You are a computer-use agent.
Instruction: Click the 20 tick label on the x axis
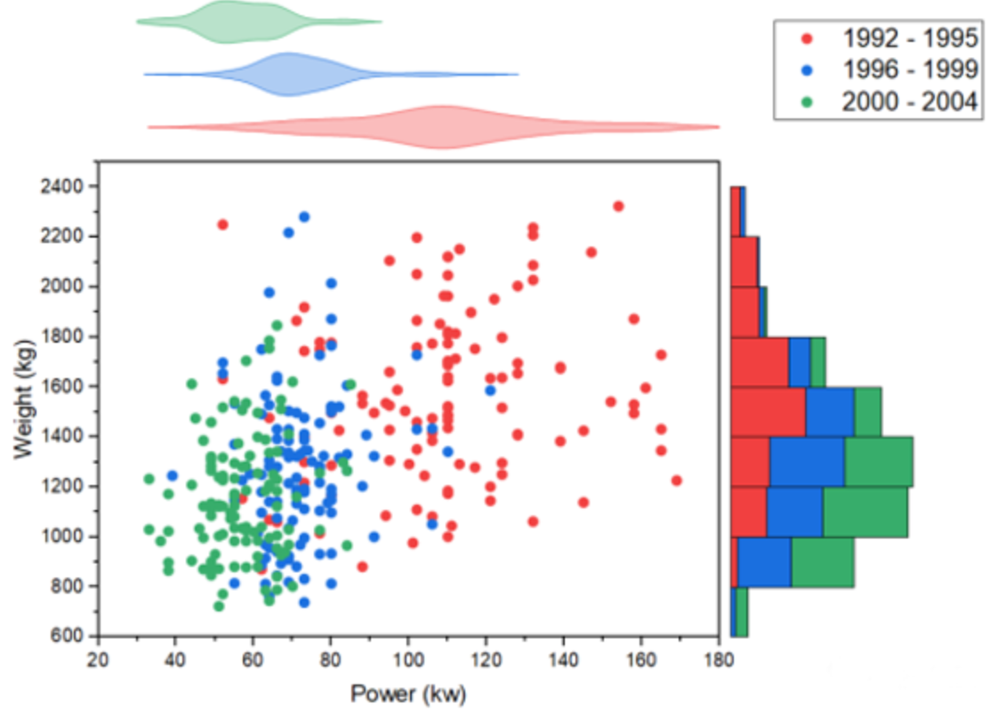coord(98,659)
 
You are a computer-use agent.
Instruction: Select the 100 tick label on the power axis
coord(407,659)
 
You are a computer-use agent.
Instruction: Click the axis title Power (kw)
coord(407,693)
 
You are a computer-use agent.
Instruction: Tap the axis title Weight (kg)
coord(25,400)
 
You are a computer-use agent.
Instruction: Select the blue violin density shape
coord(294,75)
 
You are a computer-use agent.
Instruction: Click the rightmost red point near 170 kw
coord(676,481)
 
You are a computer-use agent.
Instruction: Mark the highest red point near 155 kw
coord(618,206)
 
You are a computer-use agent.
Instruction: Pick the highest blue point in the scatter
coord(304,216)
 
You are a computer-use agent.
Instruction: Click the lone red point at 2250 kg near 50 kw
coord(222,224)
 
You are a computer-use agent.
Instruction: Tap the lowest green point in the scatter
coord(219,606)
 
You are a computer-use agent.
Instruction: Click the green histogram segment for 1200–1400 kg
coord(878,462)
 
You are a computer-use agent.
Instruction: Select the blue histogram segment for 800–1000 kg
coord(764,562)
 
